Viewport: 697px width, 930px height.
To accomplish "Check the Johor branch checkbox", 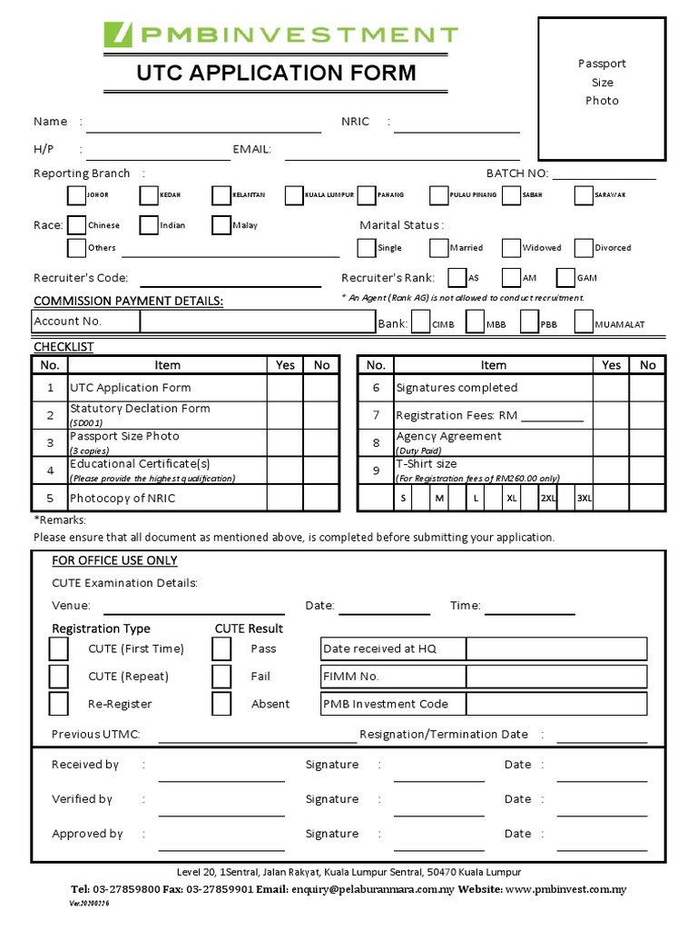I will click(77, 195).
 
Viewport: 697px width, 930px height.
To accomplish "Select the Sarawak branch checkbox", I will click(584, 195).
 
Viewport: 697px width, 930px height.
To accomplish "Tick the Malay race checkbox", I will click(221, 225).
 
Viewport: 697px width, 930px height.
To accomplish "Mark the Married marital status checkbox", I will click(439, 247).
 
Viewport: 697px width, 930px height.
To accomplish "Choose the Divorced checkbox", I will click(584, 247).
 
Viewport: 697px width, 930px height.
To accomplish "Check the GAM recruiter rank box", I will click(565, 278).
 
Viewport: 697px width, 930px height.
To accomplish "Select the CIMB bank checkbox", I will click(421, 323).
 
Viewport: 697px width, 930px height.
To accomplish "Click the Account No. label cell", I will click(85, 322).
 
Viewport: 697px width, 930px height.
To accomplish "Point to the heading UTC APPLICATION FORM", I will click(276, 73).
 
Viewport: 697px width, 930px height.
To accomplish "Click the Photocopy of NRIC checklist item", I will click(123, 498).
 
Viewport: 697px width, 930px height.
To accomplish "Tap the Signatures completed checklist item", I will click(456, 388).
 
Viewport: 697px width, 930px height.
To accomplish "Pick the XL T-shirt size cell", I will click(512, 499).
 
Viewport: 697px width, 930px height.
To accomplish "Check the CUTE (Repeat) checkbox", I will click(58, 677).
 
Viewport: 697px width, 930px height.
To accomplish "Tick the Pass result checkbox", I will click(221, 648).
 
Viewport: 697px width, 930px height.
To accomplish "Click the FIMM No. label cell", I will click(393, 677).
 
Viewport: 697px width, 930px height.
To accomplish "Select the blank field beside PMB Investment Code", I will click(556, 704).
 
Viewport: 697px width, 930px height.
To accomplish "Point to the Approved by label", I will click(87, 834).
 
